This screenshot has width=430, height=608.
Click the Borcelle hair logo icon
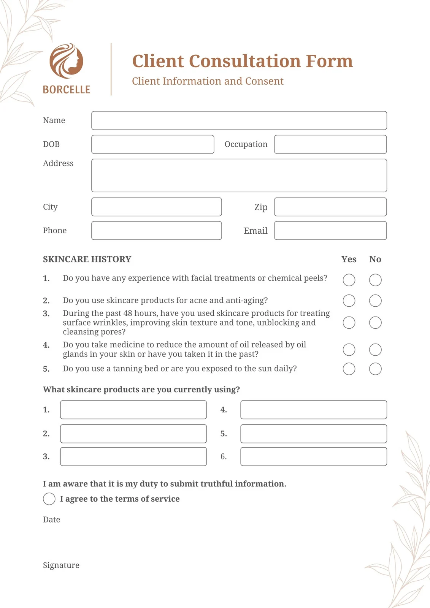67,61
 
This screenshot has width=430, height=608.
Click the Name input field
239,120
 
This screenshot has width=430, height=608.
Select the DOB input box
152,144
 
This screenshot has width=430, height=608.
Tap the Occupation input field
330,144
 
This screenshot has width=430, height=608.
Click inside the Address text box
239,176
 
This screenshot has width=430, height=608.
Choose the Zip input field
330,207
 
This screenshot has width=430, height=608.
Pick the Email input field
330,231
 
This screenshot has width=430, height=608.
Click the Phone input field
156,231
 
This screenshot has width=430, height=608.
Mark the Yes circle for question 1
349,280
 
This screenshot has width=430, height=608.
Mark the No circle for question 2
375,301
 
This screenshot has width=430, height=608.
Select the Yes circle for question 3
349,323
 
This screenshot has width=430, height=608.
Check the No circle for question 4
375,350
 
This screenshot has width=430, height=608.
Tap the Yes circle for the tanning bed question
349,369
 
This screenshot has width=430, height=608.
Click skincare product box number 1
133,410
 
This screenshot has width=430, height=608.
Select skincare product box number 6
313,456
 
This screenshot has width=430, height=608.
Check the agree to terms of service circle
49,499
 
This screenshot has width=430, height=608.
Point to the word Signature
61,565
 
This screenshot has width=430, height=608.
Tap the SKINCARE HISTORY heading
87,259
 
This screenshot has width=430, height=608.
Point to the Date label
51,519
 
